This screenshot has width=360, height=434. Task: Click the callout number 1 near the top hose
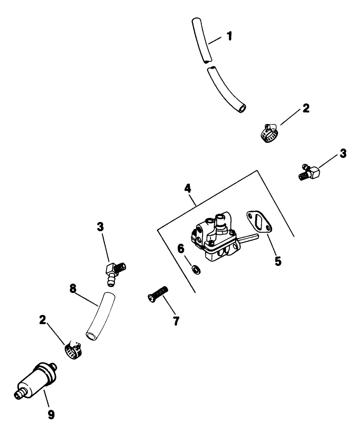tap(229, 36)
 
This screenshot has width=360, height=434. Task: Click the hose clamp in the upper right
tap(269, 133)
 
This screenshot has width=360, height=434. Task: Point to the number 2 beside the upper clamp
tap(306, 108)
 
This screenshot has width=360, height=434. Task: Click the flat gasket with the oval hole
tap(259, 222)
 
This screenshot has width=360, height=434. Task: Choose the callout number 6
tap(181, 249)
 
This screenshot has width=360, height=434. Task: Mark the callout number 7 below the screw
tap(175, 320)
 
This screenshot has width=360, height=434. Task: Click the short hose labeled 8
tap(98, 316)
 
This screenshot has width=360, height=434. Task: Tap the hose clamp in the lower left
tap(72, 351)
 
